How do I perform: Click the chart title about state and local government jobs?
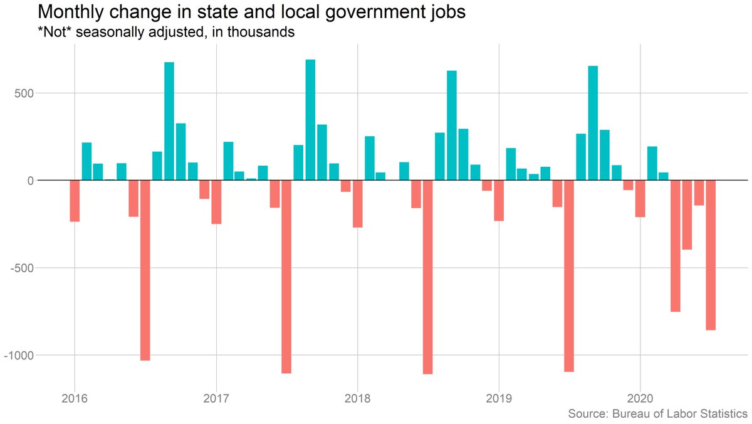click(252, 12)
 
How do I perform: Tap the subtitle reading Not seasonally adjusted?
click(166, 32)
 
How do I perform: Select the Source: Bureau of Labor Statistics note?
click(657, 414)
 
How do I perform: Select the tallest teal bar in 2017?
click(310, 120)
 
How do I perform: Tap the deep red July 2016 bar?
click(145, 270)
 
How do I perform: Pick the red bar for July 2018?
click(428, 277)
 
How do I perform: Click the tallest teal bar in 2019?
click(593, 123)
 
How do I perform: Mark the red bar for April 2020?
click(676, 246)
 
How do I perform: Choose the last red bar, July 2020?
click(711, 255)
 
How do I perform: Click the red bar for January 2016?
click(75, 201)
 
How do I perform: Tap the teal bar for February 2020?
click(652, 164)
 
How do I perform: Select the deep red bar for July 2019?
click(569, 275)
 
